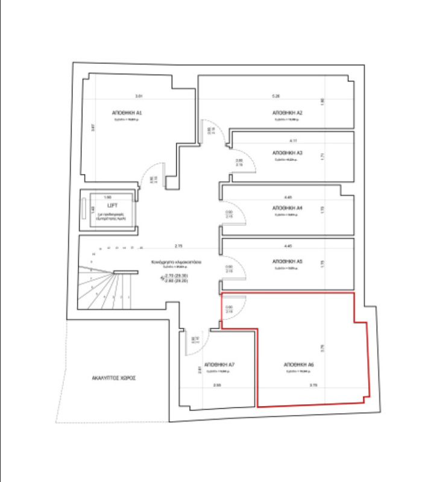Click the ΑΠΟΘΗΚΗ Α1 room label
(127, 113)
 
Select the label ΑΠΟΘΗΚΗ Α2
(287, 113)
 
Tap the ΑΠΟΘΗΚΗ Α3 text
(288, 153)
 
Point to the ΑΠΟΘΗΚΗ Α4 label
(288, 208)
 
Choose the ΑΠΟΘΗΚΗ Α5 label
(288, 262)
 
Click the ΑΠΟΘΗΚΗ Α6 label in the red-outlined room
(298, 365)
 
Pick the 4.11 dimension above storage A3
(293, 140)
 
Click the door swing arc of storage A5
(236, 270)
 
